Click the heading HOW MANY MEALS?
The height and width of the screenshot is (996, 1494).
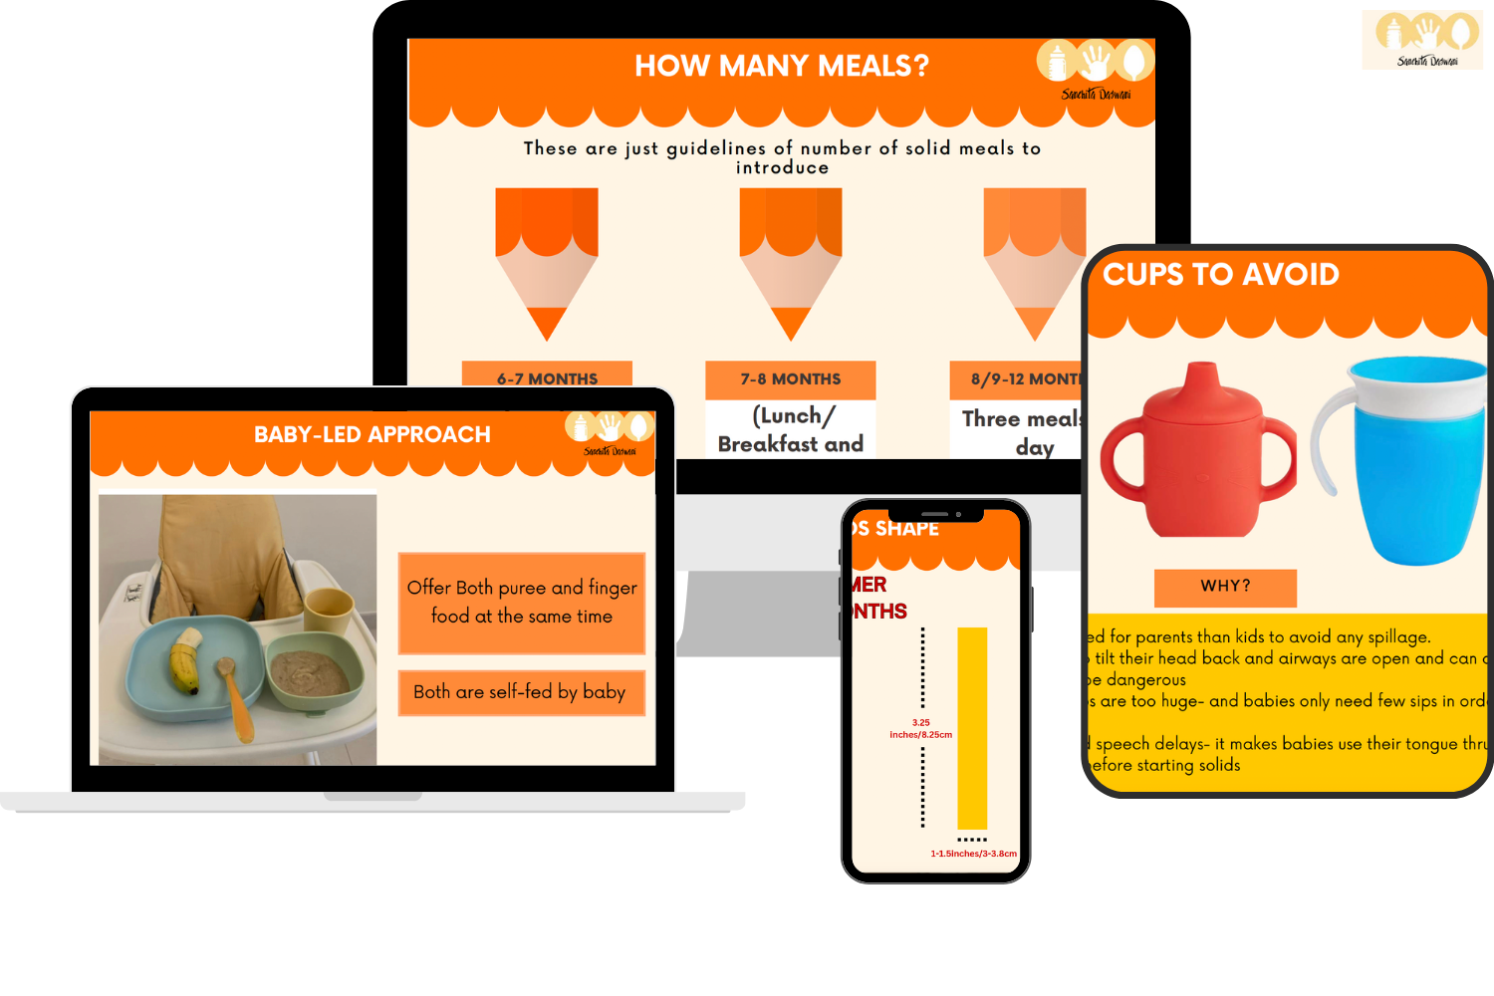[782, 66]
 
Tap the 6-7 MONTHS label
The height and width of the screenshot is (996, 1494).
[547, 377]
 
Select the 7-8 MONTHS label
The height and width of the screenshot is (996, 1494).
[790, 379]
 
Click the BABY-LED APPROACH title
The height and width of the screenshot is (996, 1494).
[372, 434]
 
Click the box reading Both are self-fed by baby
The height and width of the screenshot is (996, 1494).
[520, 692]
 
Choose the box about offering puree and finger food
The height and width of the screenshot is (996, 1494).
[522, 603]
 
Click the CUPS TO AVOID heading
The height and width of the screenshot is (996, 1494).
[1221, 274]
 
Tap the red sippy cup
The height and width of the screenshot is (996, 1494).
[1198, 458]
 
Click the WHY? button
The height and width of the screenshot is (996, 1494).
[1225, 587]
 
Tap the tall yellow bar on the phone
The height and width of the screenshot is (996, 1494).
[972, 727]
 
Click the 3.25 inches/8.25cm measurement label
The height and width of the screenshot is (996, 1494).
[921, 729]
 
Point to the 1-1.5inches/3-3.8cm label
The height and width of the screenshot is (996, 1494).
[973, 854]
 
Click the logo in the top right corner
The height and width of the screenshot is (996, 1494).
[1426, 43]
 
